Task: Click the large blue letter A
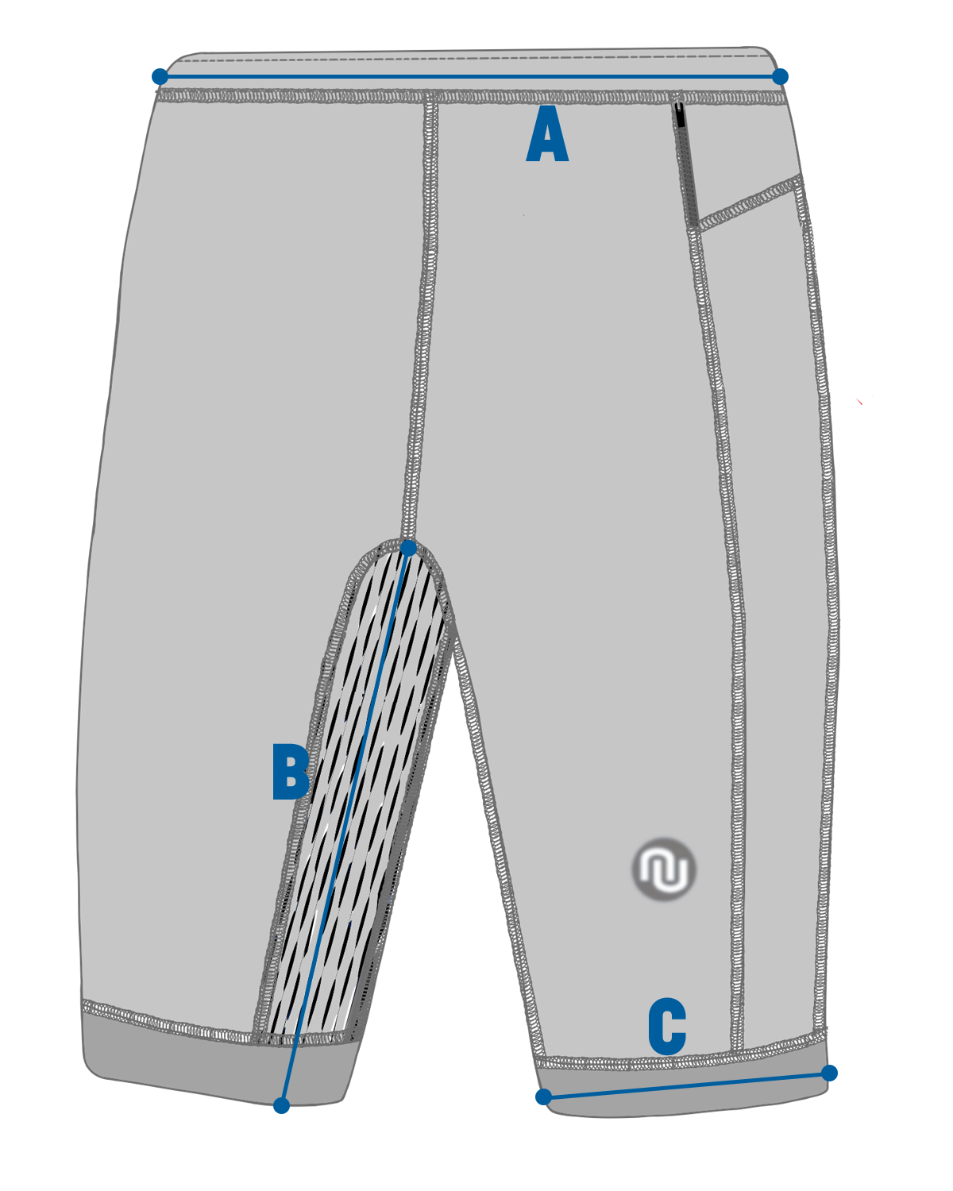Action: (547, 136)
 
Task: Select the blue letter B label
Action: (290, 771)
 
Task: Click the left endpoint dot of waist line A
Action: (160, 76)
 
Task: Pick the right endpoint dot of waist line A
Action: (780, 76)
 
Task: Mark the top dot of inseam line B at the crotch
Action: (408, 548)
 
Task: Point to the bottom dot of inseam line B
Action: (281, 1105)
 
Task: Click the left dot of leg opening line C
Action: (543, 1097)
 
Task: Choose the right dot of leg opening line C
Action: (829, 1073)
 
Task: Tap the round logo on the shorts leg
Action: (665, 869)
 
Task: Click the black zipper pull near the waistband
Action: (680, 115)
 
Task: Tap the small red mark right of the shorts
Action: (860, 402)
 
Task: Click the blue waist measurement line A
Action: (469, 76)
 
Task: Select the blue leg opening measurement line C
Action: (686, 1085)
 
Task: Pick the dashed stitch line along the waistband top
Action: (469, 58)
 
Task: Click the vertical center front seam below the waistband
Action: (425, 318)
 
